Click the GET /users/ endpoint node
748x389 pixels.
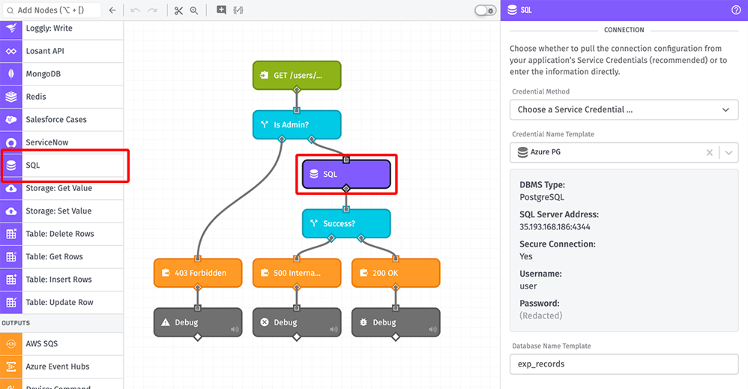(x=297, y=76)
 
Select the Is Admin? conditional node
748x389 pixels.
(x=297, y=124)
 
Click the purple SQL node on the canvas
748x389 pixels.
(x=346, y=174)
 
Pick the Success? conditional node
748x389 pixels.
(x=346, y=223)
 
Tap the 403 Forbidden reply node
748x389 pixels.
(x=198, y=273)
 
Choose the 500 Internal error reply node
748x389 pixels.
(x=297, y=273)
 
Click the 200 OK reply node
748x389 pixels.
(x=396, y=273)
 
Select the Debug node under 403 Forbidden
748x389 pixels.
(x=198, y=322)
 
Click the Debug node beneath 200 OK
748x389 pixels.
(x=396, y=322)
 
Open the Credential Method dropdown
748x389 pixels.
(x=624, y=109)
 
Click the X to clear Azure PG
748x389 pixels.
(x=709, y=152)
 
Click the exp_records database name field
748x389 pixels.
(x=624, y=364)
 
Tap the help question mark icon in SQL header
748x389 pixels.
(x=735, y=10)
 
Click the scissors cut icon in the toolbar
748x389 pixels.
(x=178, y=10)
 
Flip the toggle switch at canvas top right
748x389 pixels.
(x=485, y=10)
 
